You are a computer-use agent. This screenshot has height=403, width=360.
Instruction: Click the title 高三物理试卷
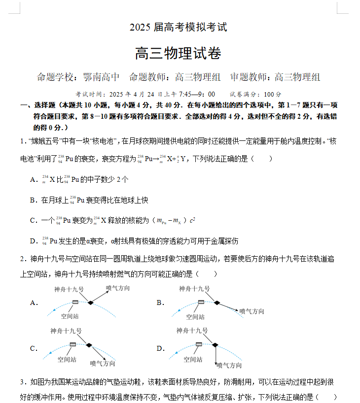179,53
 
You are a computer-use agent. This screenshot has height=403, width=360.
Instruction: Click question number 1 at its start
23,141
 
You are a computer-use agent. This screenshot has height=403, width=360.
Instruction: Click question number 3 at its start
23,382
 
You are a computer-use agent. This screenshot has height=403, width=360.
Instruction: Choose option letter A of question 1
33,180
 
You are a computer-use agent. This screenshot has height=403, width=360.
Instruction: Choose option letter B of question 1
33,201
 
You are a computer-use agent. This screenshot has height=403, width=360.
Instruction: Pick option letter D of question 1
33,241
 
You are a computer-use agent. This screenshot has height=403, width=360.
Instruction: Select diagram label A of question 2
34,302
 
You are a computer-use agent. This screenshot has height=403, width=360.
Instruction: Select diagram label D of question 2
160,348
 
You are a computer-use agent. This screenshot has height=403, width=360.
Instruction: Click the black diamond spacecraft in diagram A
90,302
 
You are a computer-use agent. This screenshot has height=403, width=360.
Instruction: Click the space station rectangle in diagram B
202,302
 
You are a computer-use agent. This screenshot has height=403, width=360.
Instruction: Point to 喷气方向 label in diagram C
103,364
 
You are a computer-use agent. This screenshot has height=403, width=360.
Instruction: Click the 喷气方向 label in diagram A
118,288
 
